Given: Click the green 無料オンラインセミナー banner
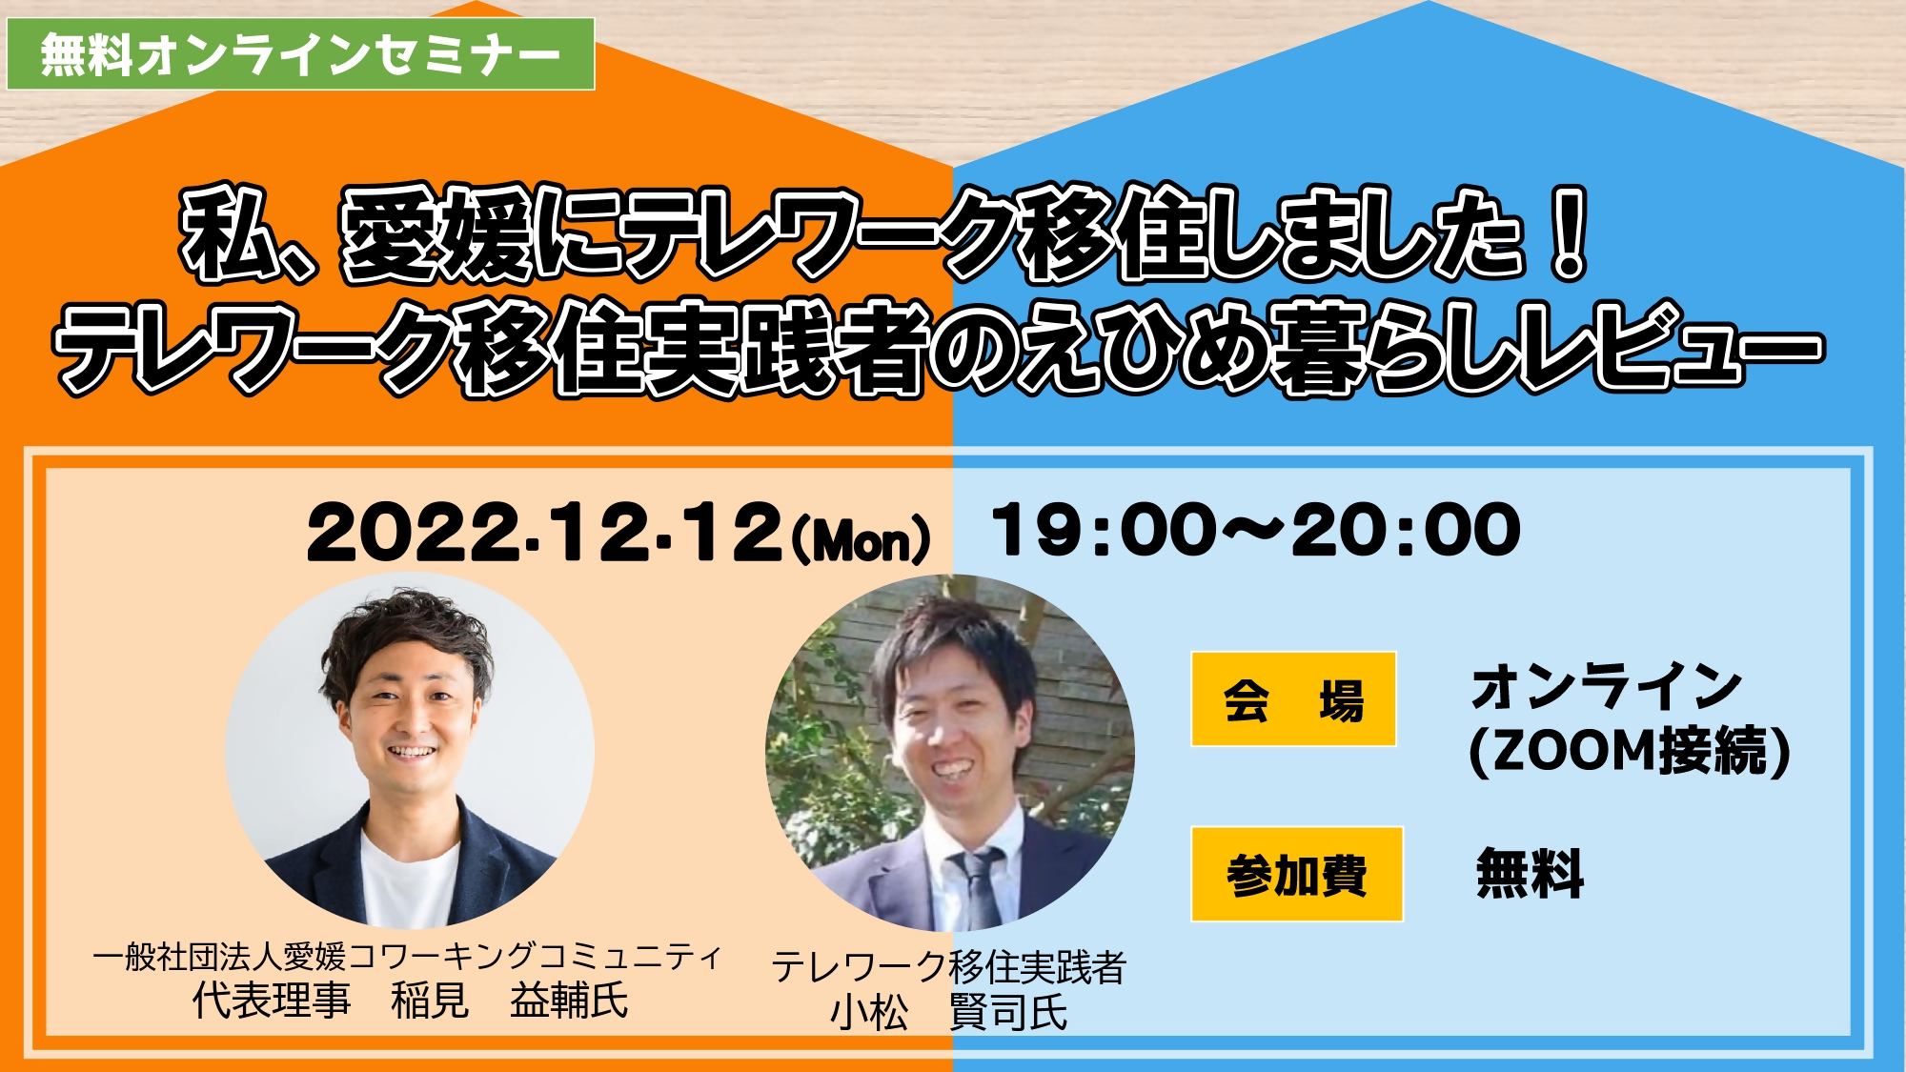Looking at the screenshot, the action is coord(301,54).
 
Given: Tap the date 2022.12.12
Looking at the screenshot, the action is coord(544,533).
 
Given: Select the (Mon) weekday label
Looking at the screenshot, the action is coord(861,538).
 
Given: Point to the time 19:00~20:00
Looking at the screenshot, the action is coord(1256,530).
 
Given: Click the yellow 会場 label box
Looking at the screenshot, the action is coord(1293,698).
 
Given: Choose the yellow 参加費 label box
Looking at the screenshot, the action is coord(1297,874).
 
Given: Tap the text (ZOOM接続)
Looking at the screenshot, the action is coord(1630,751).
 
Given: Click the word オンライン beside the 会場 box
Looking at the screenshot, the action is coord(1607,687).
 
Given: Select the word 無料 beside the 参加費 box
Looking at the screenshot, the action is coord(1531,873).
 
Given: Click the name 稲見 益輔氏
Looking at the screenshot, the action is coord(510,1001).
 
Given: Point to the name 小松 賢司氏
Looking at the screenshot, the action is coord(949,1012).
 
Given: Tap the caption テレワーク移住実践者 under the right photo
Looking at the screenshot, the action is coord(949,967).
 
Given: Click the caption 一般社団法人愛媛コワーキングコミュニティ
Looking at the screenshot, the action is coord(408,956).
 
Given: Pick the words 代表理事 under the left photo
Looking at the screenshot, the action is coord(272,1001).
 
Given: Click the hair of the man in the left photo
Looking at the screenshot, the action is coord(405,634).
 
